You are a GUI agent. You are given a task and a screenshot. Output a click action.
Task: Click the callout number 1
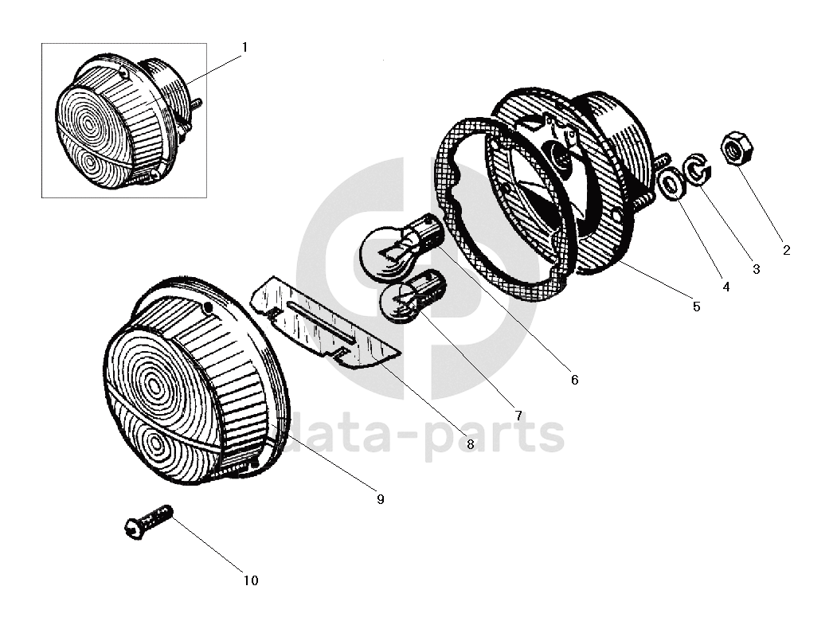pyautogui.click(x=244, y=48)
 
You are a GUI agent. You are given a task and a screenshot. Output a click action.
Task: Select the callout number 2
pyautogui.click(x=786, y=250)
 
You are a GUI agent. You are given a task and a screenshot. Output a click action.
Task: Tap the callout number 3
pyautogui.click(x=757, y=270)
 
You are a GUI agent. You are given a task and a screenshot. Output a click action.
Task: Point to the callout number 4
pyautogui.click(x=726, y=287)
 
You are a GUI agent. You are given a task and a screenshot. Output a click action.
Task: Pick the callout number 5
pyautogui.click(x=696, y=307)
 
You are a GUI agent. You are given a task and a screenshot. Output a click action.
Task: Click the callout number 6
pyautogui.click(x=574, y=380)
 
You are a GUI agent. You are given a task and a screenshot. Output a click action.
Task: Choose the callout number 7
pyautogui.click(x=518, y=416)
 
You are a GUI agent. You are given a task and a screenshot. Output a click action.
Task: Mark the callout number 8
pyautogui.click(x=470, y=444)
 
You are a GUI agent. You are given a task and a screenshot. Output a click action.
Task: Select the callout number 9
pyautogui.click(x=380, y=499)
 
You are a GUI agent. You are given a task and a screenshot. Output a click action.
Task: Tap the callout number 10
pyautogui.click(x=251, y=580)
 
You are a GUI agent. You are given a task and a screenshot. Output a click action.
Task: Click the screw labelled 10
pyautogui.click(x=149, y=522)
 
